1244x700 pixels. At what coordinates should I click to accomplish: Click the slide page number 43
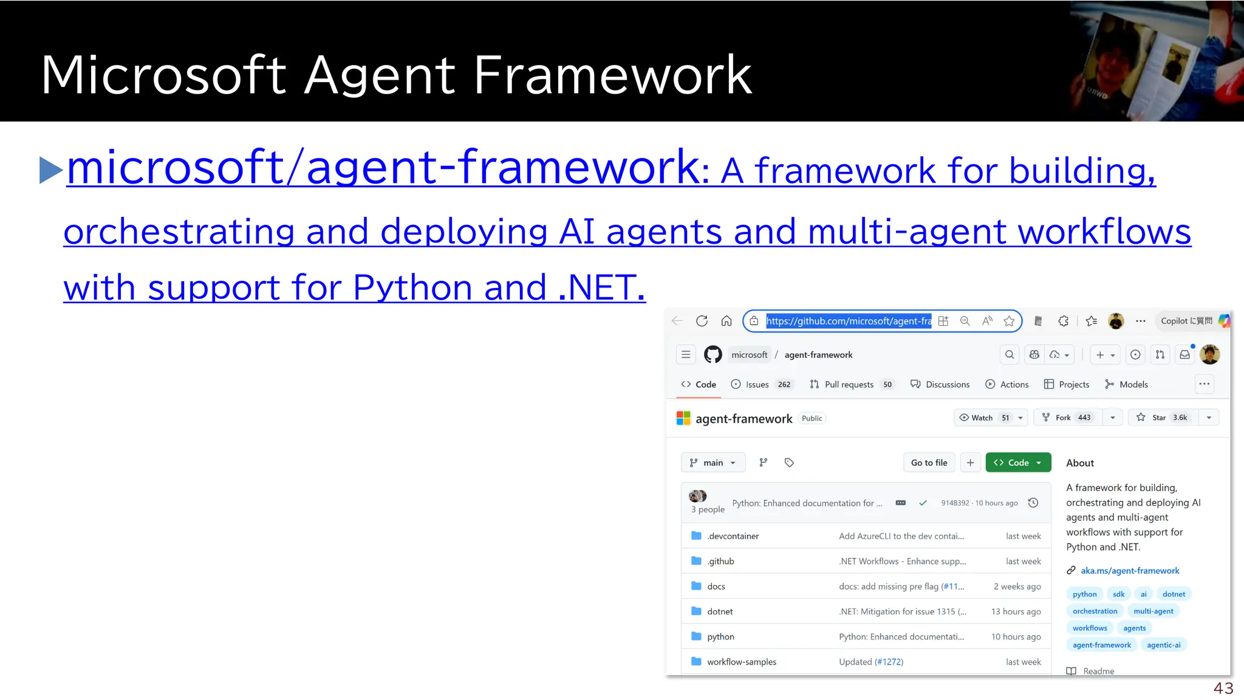(x=1223, y=688)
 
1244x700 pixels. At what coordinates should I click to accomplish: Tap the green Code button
(x=1017, y=462)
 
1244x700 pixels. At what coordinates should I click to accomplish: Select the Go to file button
(x=929, y=462)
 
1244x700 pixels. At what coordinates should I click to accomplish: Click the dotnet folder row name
(x=720, y=611)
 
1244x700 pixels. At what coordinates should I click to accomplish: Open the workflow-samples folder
(x=741, y=662)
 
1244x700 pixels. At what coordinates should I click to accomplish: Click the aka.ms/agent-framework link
(x=1130, y=571)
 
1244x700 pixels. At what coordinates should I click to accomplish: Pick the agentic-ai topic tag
(x=1163, y=645)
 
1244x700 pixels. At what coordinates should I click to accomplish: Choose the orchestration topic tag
(x=1095, y=611)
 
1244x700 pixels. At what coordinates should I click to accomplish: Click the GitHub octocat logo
(x=713, y=354)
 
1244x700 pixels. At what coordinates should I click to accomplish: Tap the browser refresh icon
(x=702, y=321)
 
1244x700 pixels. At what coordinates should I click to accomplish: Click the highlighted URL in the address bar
(x=848, y=321)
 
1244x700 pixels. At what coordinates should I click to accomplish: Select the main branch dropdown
(x=713, y=462)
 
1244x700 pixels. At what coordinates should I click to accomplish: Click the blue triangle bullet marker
(x=50, y=170)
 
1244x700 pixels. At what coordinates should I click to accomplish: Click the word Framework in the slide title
(x=612, y=75)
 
